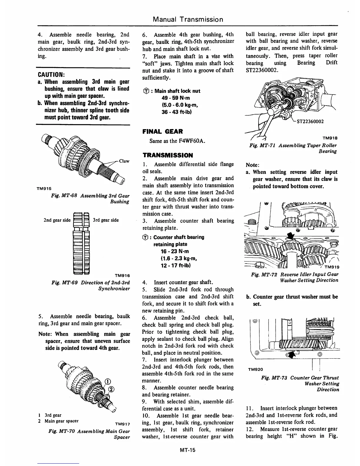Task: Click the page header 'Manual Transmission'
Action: coord(188,19)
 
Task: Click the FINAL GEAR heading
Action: coord(162,132)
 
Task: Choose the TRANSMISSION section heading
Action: coord(168,155)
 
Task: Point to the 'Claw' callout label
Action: coord(124,161)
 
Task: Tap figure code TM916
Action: coord(122,275)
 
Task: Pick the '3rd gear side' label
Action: coord(106,220)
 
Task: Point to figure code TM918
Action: coord(330,138)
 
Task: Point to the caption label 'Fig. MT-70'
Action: coord(61,431)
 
